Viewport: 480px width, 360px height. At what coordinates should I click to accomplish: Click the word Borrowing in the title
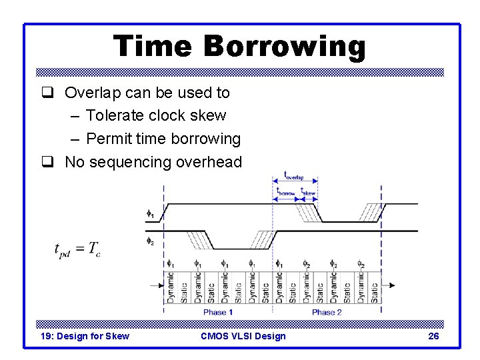(285, 47)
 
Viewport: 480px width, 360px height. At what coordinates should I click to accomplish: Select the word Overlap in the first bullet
(91, 93)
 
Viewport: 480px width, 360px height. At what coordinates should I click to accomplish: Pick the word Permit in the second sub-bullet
(107, 139)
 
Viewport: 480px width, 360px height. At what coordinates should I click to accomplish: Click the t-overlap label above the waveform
(294, 175)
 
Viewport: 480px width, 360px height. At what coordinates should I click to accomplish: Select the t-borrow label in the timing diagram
(285, 191)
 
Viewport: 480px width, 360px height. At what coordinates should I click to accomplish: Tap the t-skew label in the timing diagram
(307, 191)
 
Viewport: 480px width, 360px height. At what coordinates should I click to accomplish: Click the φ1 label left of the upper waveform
(150, 214)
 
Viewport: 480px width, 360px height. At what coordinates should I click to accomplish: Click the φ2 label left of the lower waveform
(150, 240)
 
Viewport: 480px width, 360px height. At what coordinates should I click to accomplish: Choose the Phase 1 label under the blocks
(218, 312)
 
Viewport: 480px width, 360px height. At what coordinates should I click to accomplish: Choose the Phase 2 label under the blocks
(327, 312)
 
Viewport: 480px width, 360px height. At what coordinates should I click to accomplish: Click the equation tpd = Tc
(77, 249)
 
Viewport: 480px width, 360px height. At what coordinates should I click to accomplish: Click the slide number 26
(433, 336)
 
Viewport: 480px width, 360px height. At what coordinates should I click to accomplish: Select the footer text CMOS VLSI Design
(243, 336)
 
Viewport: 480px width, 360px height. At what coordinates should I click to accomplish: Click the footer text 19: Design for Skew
(85, 336)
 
